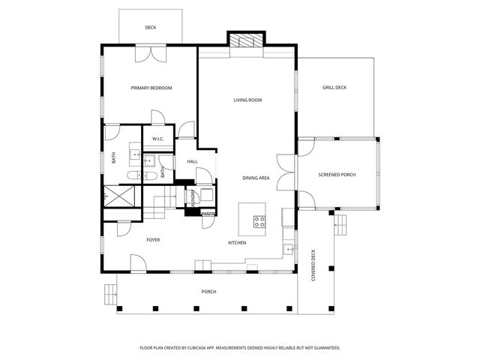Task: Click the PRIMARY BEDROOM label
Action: click(151, 88)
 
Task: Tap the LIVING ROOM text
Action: click(247, 100)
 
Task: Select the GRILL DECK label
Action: click(334, 88)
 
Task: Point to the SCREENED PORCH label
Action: click(337, 175)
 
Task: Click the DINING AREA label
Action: click(256, 178)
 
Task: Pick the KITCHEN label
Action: click(237, 242)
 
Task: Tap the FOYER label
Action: click(153, 240)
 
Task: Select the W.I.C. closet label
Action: click(158, 139)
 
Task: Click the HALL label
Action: click(192, 161)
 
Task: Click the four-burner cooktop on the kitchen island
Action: click(259, 221)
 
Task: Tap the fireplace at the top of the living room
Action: click(247, 41)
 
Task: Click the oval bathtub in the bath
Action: click(133, 175)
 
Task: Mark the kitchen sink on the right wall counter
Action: click(288, 248)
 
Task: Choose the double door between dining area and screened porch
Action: click(286, 170)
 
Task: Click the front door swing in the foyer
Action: click(137, 262)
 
